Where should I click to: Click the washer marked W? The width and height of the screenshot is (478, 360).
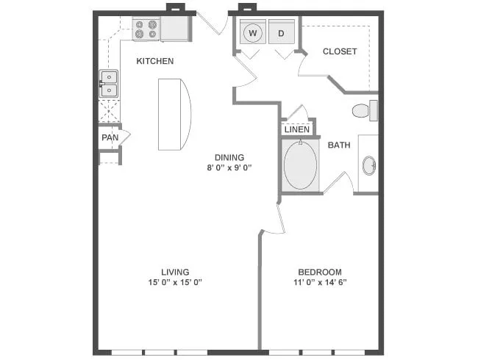(x=253, y=32)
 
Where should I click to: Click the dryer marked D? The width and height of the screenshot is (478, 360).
(x=282, y=32)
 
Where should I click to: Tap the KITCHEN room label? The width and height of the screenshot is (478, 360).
(x=155, y=61)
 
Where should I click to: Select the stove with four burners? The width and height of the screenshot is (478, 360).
(x=146, y=29)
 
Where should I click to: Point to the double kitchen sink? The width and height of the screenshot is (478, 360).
(x=109, y=84)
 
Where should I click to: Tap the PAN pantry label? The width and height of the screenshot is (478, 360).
(x=110, y=137)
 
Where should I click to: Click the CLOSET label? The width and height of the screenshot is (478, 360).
(x=340, y=51)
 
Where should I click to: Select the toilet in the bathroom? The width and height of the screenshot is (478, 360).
(x=365, y=110)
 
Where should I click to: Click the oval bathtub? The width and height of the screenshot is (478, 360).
(x=300, y=165)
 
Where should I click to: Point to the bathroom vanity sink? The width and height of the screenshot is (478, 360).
(x=369, y=166)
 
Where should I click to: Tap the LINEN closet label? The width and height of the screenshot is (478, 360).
(x=297, y=130)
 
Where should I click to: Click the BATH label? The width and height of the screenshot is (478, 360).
(x=339, y=145)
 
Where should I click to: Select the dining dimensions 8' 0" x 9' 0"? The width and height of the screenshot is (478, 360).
(x=229, y=168)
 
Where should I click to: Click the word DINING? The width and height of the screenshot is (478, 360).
(x=229, y=157)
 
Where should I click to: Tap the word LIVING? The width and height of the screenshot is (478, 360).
(x=175, y=272)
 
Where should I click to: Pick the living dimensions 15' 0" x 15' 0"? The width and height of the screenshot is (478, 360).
(x=175, y=282)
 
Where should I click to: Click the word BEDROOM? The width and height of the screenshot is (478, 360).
(x=320, y=272)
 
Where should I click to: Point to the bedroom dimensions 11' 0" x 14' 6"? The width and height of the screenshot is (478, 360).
(x=320, y=282)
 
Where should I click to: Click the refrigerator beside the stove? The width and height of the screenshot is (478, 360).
(x=175, y=29)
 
